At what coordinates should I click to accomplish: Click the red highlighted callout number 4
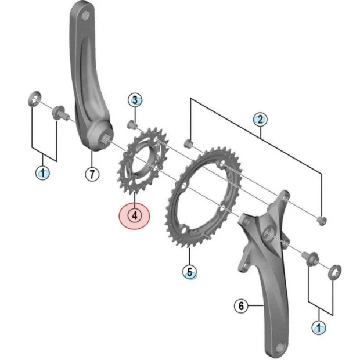pyautogui.click(x=134, y=215)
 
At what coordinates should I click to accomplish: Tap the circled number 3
pyautogui.click(x=134, y=100)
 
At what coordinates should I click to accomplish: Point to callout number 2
pyautogui.click(x=260, y=120)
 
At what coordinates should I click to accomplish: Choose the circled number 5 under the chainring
pyautogui.click(x=190, y=271)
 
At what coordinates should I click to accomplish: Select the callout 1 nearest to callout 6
pyautogui.click(x=318, y=327)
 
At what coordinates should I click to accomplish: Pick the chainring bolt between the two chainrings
pyautogui.click(x=188, y=143)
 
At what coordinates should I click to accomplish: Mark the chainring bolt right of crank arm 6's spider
pyautogui.click(x=322, y=219)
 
